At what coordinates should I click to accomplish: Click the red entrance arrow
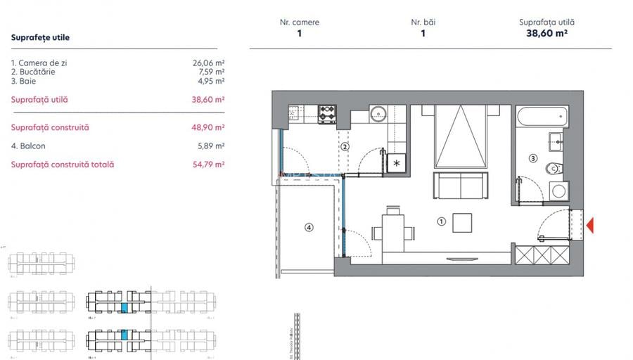click(592, 225)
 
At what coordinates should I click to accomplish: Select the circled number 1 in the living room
click(441, 221)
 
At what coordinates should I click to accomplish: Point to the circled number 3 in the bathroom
click(532, 159)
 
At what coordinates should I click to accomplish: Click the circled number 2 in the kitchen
click(345, 146)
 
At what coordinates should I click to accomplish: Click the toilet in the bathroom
click(556, 168)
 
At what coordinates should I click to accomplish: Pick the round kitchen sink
click(377, 112)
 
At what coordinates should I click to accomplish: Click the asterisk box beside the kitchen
click(397, 163)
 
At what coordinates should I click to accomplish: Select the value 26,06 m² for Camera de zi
click(208, 63)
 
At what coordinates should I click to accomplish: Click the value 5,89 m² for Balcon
click(210, 146)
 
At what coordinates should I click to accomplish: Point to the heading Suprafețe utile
click(41, 37)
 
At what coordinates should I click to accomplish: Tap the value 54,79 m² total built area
click(208, 165)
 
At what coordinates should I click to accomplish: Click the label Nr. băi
click(423, 22)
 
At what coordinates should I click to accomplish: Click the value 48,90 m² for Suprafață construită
click(208, 128)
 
